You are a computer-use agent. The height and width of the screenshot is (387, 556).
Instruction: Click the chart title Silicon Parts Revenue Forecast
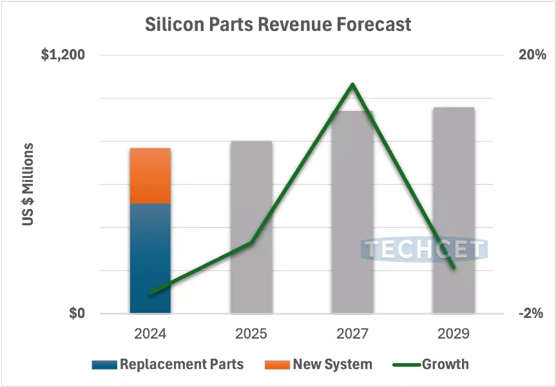click(278, 25)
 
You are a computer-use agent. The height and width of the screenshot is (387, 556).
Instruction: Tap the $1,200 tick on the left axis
click(63, 55)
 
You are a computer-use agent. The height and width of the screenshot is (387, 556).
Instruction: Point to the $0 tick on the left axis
click(77, 314)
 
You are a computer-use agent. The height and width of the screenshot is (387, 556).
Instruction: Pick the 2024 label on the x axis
click(150, 334)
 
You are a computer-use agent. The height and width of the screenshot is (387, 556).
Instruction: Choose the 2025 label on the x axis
click(251, 334)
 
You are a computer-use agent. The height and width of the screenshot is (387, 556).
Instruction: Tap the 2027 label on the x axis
click(352, 334)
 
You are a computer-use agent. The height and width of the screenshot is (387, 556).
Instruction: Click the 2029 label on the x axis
click(454, 334)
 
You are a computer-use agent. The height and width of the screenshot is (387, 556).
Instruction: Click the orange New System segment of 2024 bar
click(150, 175)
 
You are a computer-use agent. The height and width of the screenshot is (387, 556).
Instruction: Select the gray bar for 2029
click(454, 181)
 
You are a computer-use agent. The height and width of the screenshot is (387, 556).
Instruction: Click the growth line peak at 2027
click(352, 84)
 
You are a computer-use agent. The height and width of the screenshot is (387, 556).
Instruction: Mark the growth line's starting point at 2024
click(150, 293)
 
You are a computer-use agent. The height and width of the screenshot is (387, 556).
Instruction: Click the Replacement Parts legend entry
click(181, 364)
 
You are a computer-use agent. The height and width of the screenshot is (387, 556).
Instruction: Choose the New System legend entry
click(332, 364)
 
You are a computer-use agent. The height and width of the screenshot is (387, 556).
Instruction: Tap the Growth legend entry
click(445, 364)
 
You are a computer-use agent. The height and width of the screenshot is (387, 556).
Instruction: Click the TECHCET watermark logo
click(424, 250)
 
